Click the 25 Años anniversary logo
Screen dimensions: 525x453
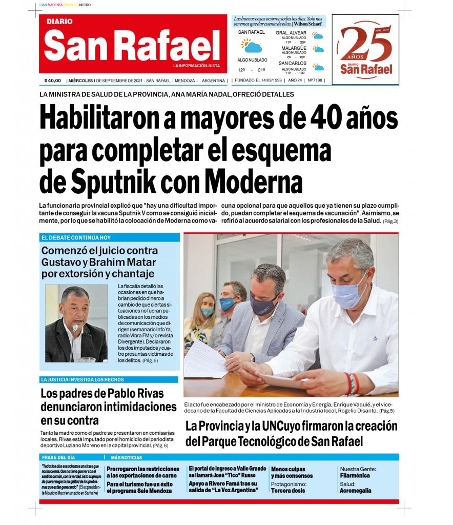(365, 49)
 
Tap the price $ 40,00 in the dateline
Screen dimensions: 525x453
(52, 80)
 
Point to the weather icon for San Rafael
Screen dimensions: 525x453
(251, 46)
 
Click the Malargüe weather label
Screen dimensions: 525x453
(294, 48)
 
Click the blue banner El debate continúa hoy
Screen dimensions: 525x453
(110, 237)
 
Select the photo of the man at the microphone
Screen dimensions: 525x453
(76, 323)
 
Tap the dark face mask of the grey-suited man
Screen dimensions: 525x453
(264, 306)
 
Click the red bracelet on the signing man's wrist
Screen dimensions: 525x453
(354, 383)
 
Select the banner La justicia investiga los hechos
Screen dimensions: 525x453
(109, 379)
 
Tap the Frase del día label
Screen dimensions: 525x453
(58, 457)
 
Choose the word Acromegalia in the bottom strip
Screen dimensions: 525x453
(355, 491)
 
